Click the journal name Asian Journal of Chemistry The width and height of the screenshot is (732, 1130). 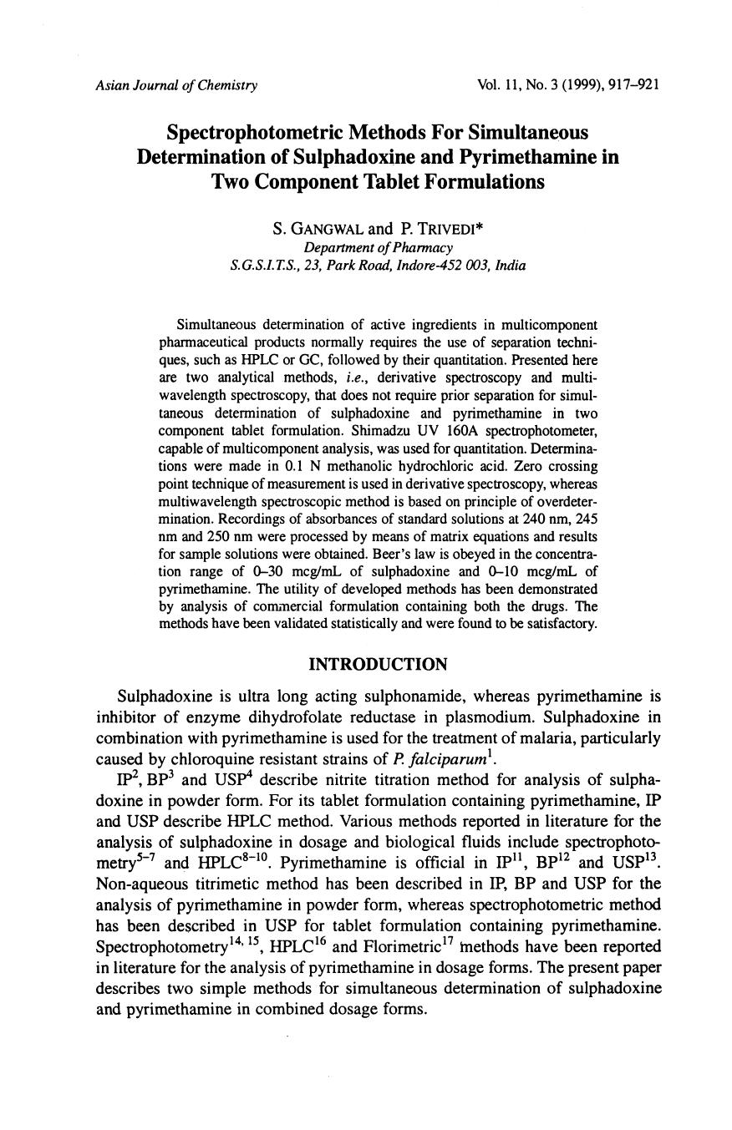(x=176, y=85)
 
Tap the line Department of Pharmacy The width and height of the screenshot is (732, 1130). (x=379, y=248)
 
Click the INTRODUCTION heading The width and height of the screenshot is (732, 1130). (x=378, y=664)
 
